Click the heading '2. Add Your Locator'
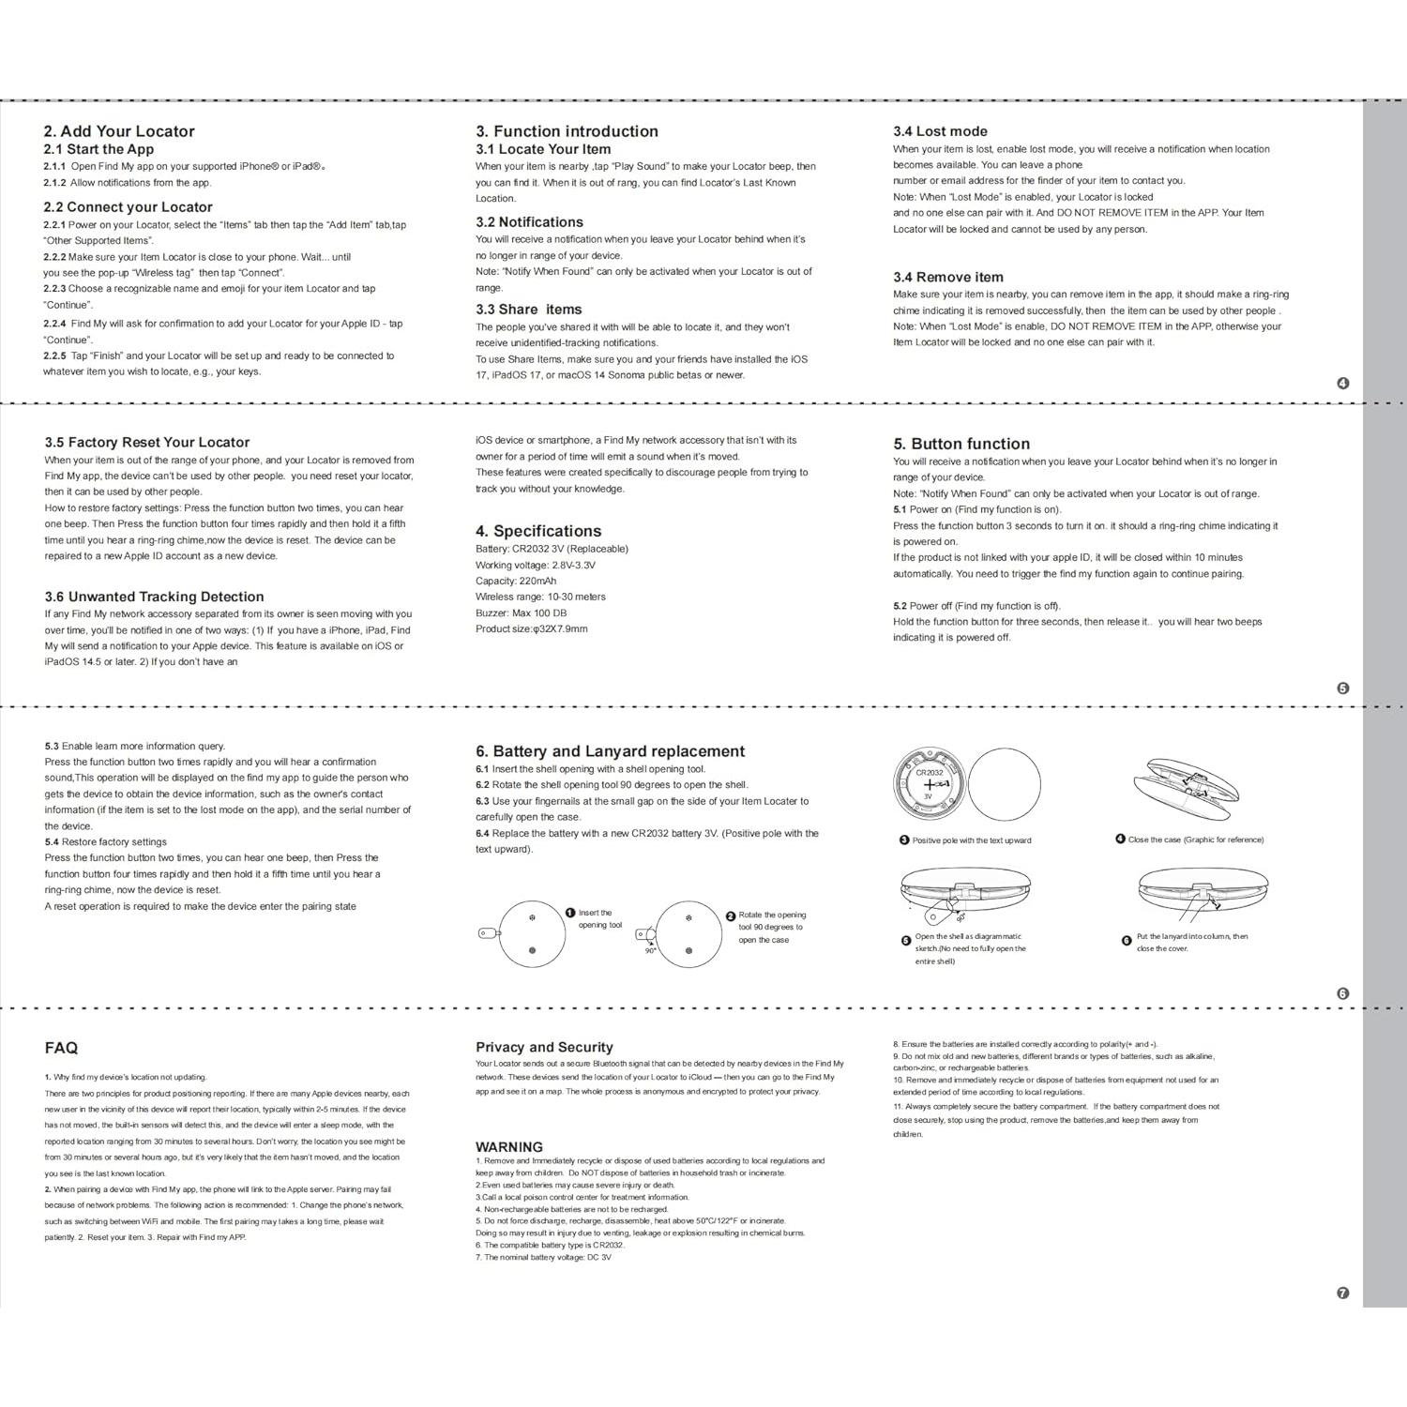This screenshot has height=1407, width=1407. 119,131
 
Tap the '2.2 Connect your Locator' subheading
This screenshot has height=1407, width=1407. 128,207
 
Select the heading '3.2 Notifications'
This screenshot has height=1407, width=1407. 529,222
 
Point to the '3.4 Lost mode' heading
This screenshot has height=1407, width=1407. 940,131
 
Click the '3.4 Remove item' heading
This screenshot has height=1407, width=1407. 947,277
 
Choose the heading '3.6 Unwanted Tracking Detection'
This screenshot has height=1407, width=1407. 154,597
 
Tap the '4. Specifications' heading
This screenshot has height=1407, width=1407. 538,531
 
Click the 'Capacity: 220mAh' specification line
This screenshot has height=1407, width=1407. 515,581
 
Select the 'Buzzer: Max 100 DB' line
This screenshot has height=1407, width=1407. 521,613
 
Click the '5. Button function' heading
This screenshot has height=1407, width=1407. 961,444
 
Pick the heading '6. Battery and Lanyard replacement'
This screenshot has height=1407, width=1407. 610,751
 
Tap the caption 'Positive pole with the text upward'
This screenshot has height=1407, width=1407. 971,840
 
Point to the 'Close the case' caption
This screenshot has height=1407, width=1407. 1195,840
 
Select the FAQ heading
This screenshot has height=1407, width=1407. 61,1048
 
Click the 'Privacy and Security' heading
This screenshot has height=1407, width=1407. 544,1047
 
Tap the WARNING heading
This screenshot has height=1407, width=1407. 508,1146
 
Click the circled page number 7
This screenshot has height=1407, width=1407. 1342,1293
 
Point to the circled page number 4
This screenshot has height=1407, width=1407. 1342,383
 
